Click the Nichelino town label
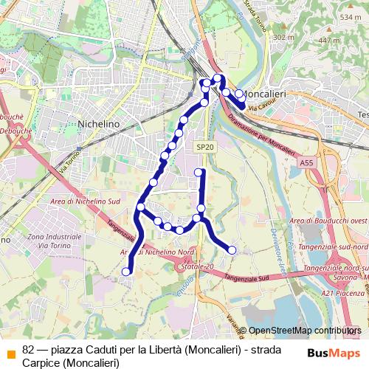click(x=98, y=124)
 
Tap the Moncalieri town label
click(x=264, y=94)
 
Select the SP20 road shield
click(x=204, y=148)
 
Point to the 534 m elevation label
click(x=350, y=16)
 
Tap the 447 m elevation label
click(x=329, y=41)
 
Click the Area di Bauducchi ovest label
click(x=328, y=221)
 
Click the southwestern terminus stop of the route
click(x=125, y=272)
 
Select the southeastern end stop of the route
click(x=232, y=250)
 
